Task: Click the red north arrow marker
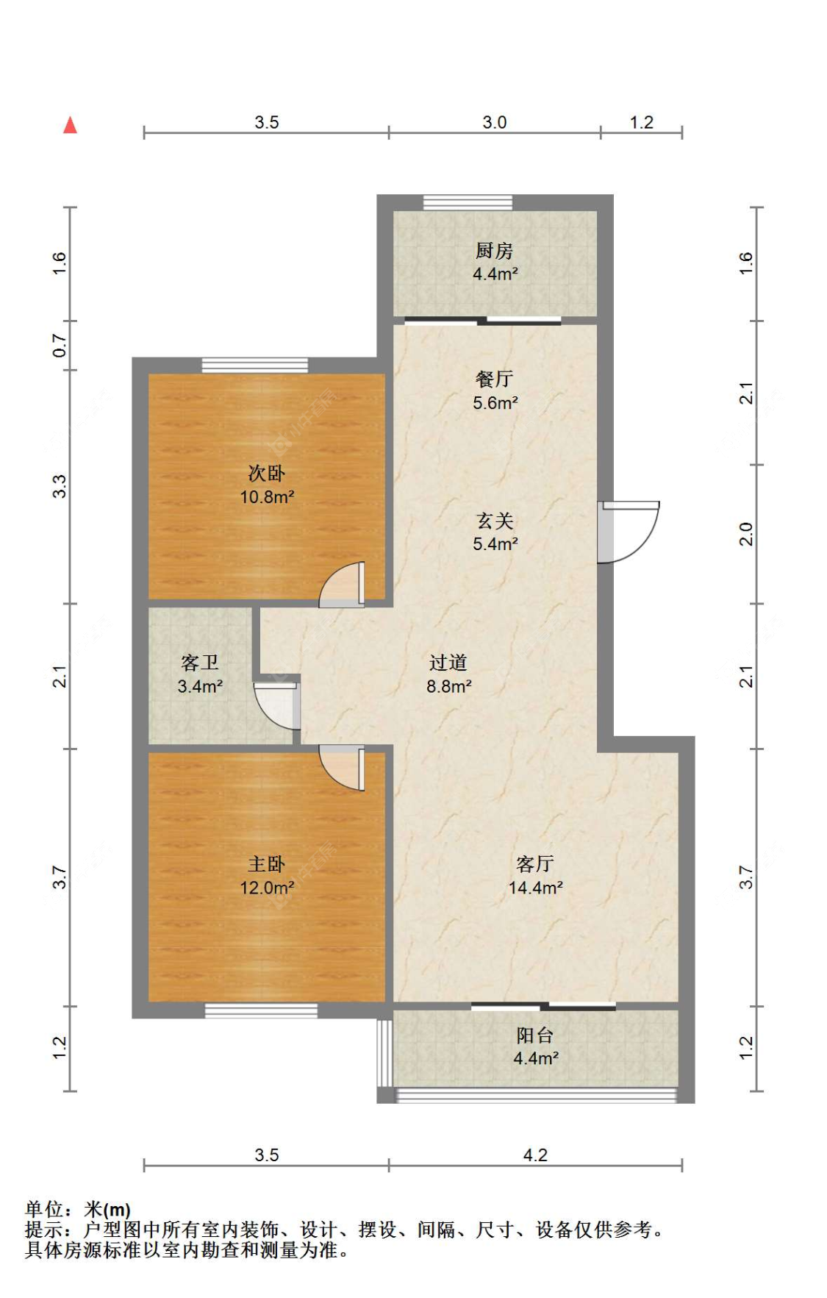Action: [70, 125]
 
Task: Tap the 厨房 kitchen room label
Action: [493, 251]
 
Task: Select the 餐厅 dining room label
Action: [493, 379]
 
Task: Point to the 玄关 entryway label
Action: [494, 521]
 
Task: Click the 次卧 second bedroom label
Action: [266, 473]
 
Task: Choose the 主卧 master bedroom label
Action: [266, 864]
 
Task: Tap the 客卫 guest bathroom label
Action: [199, 663]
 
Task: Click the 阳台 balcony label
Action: [534, 1035]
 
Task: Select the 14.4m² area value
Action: [535, 888]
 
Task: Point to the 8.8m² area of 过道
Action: [448, 686]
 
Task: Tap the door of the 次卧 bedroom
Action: [342, 585]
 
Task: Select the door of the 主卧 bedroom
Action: [342, 768]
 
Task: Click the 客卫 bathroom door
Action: [277, 706]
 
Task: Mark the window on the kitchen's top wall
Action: [468, 202]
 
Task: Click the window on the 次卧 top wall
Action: [255, 365]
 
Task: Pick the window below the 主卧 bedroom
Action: [261, 1010]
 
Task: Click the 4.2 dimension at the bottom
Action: [535, 1155]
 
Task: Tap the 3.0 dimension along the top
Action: [495, 123]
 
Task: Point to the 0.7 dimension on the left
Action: [60, 346]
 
